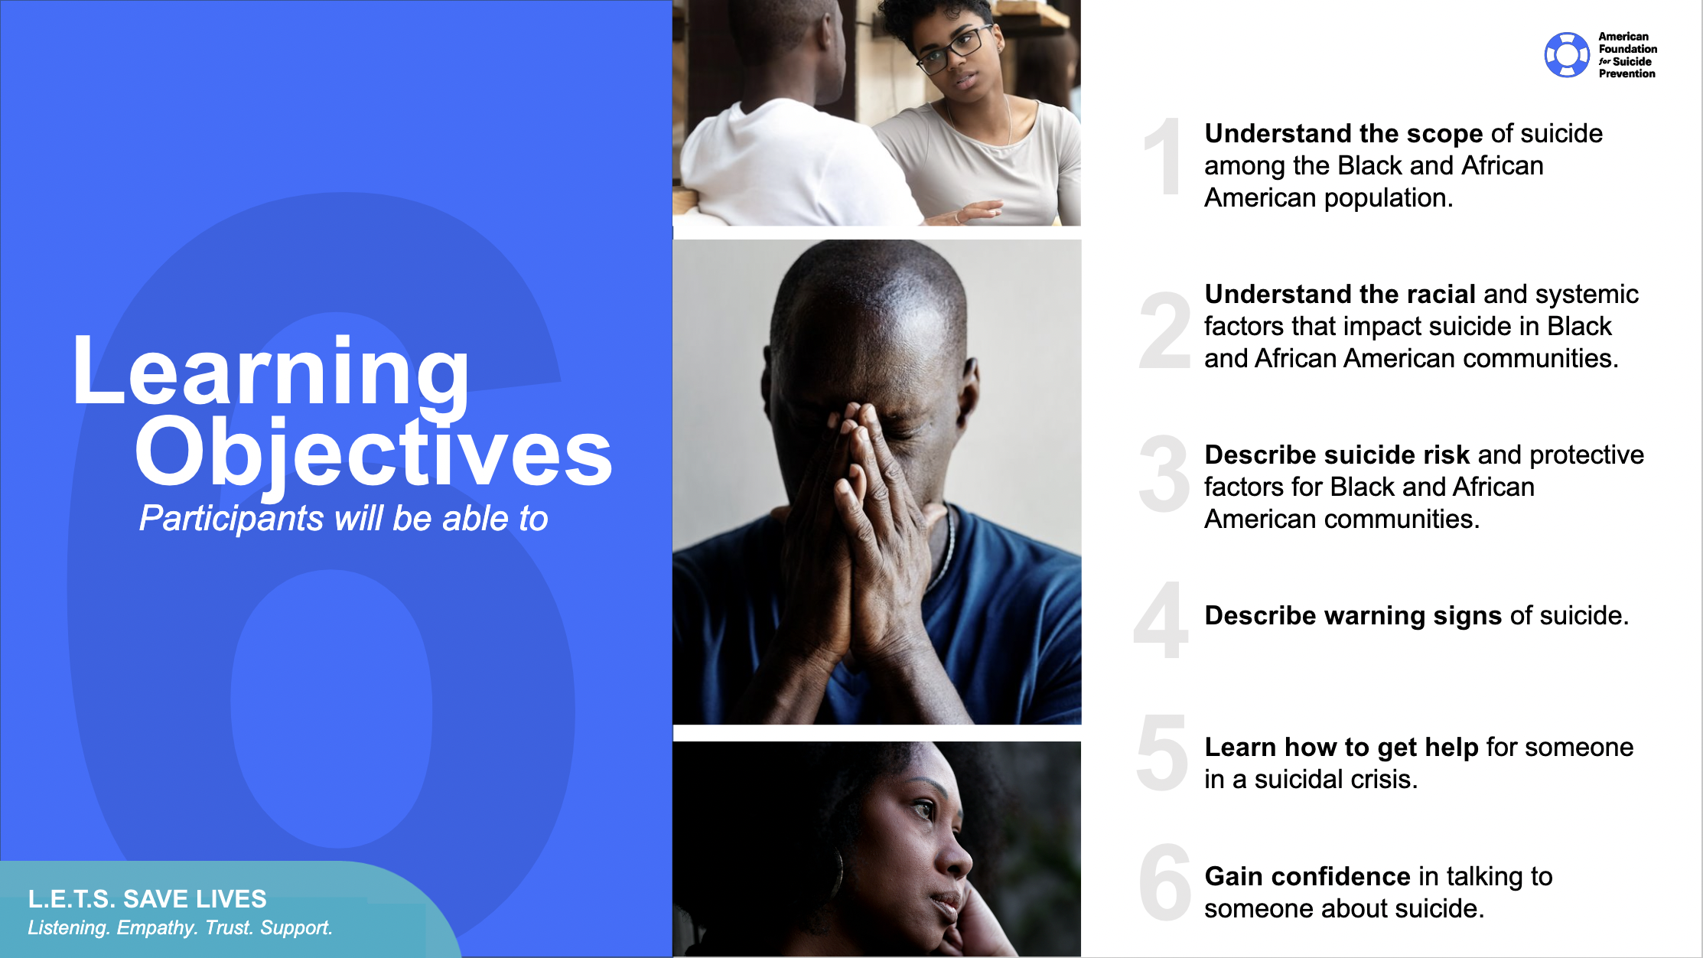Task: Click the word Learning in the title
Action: (270, 373)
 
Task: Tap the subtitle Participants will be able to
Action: (344, 519)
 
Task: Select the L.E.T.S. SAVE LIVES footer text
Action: (148, 898)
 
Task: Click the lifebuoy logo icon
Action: (1566, 55)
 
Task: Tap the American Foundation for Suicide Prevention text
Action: (1627, 55)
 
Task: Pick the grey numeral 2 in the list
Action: (1164, 331)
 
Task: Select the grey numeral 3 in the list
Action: (1163, 474)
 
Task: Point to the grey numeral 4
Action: (1161, 620)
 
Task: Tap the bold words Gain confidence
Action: (1307, 877)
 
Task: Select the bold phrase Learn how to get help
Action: (1341, 748)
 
